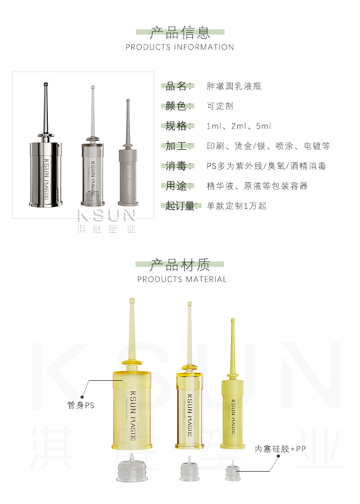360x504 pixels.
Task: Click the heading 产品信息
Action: point(180,32)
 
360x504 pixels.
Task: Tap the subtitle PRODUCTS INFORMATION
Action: point(180,47)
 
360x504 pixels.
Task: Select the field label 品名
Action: point(176,86)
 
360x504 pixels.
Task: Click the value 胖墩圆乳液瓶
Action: point(234,86)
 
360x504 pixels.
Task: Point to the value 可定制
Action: point(220,106)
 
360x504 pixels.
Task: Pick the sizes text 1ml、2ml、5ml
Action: point(239,126)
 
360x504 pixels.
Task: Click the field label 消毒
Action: point(176,166)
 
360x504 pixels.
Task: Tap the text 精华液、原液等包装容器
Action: point(257,186)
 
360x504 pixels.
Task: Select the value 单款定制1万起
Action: point(237,206)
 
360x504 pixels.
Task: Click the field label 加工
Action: point(176,146)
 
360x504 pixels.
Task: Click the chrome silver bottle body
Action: point(45,174)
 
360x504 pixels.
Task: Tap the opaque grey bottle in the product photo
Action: point(128,153)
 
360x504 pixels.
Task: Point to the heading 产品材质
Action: point(180,265)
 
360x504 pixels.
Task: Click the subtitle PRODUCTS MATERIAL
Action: point(182,279)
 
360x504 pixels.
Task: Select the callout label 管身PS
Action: point(81,405)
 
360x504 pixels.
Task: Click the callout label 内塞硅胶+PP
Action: point(280,449)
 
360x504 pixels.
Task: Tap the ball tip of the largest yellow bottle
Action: point(132,301)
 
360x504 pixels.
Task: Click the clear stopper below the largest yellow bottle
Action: point(132,468)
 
